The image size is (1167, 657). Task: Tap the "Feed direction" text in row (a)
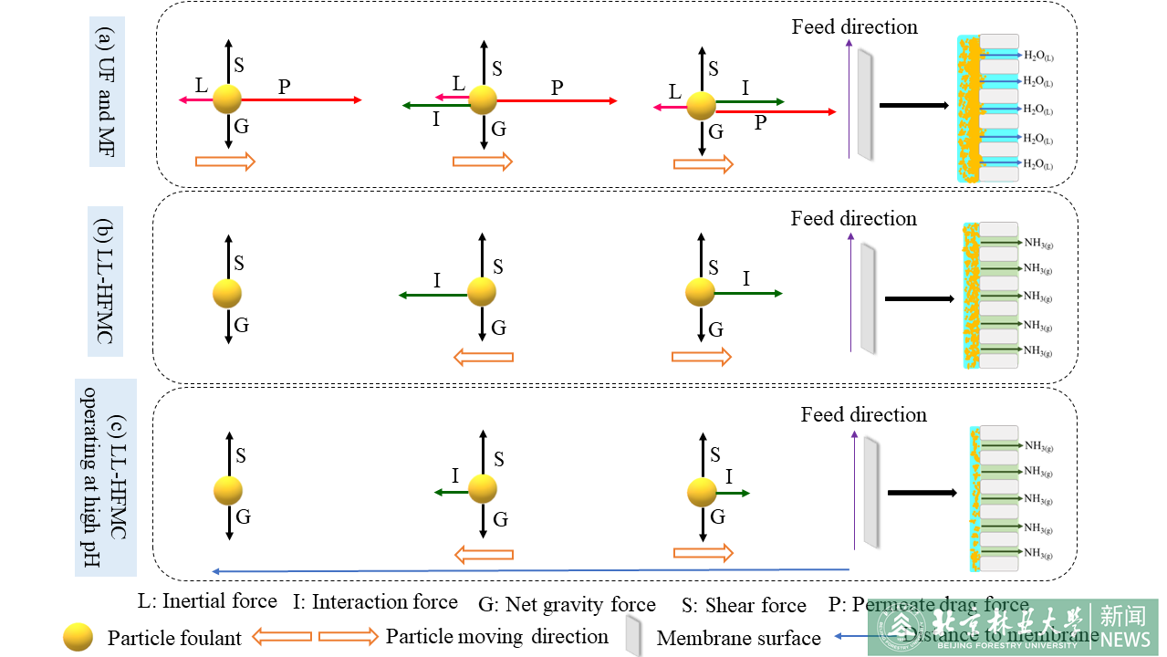(854, 26)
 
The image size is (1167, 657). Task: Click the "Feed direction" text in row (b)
(853, 218)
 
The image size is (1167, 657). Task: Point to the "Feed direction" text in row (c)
(863, 414)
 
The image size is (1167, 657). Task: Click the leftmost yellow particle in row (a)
(227, 99)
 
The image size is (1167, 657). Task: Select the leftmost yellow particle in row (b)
(227, 294)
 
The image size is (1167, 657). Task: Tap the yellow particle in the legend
(78, 637)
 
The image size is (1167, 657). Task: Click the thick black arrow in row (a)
(913, 105)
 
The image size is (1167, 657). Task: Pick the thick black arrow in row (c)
(922, 493)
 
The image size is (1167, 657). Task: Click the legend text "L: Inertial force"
(207, 601)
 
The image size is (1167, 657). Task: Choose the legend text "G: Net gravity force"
(567, 604)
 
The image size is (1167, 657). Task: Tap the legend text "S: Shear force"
(744, 605)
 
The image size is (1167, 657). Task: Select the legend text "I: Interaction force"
(375, 602)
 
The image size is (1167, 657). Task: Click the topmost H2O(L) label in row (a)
(1038, 57)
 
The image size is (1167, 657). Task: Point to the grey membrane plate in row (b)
(868, 297)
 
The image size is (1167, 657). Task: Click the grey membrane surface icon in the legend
(633, 635)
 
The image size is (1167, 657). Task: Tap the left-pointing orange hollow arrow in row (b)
(484, 356)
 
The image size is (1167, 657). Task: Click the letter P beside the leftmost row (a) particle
(285, 87)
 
